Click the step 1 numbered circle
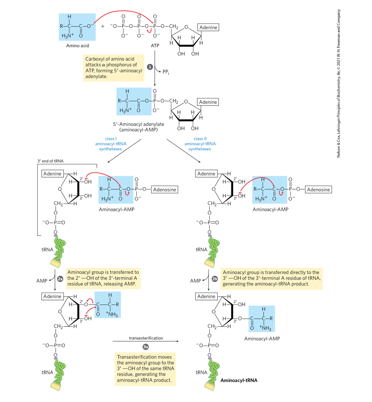click(x=150, y=67)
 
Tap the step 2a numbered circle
click(x=61, y=279)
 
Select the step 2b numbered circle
click(x=215, y=279)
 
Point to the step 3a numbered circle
click(x=145, y=347)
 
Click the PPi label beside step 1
click(x=166, y=71)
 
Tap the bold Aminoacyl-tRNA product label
click(x=238, y=380)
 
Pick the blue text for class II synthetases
click(x=199, y=144)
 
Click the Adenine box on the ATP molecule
click(x=208, y=27)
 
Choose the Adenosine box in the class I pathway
click(x=165, y=190)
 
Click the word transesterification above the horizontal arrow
click(x=146, y=338)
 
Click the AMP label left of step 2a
click(x=42, y=281)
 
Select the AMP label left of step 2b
click(x=196, y=281)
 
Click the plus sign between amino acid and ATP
click(x=103, y=26)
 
